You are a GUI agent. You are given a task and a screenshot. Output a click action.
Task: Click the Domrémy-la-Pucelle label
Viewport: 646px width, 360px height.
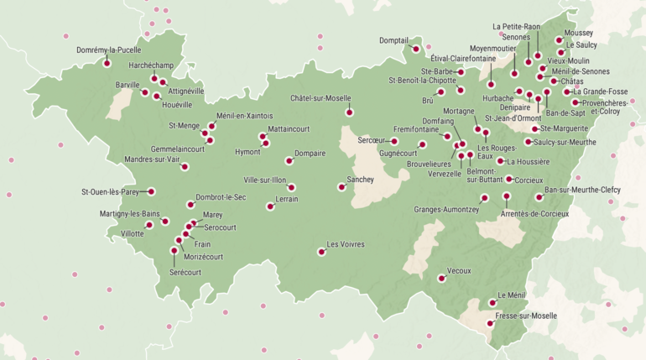click(x=108, y=50)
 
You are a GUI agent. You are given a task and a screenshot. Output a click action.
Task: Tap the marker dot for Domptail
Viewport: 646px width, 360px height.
click(x=415, y=50)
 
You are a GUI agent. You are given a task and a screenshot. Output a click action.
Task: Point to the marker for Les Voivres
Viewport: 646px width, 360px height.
click(x=320, y=251)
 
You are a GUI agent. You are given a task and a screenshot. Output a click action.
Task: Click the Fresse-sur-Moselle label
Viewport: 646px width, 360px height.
click(x=526, y=316)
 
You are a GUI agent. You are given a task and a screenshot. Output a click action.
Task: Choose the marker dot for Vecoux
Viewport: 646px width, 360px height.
click(x=440, y=278)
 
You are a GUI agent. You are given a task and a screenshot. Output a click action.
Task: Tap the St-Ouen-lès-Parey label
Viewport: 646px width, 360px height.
click(x=110, y=192)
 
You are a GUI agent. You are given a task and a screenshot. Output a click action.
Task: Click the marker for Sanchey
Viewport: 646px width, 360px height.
click(x=341, y=187)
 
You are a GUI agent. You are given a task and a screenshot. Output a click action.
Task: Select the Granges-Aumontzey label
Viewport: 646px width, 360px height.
click(x=445, y=208)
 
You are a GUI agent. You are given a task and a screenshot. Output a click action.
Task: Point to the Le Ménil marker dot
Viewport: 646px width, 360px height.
click(x=492, y=303)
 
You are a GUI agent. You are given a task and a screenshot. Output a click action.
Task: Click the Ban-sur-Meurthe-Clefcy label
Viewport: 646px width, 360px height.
click(x=582, y=190)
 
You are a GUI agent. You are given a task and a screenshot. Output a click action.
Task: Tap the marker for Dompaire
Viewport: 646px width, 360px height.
click(x=289, y=160)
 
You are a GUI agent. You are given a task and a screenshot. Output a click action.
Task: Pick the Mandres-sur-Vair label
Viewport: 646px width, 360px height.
click(x=152, y=159)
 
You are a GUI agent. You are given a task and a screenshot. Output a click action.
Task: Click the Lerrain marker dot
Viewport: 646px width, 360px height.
click(x=269, y=206)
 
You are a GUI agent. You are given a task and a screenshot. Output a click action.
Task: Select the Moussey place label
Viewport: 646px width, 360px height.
click(x=579, y=33)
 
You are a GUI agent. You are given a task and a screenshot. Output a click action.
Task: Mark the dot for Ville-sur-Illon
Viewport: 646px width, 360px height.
click(x=291, y=187)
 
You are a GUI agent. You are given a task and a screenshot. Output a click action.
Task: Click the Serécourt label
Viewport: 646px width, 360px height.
click(x=185, y=272)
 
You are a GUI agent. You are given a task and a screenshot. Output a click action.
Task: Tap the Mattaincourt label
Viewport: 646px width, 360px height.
click(x=289, y=130)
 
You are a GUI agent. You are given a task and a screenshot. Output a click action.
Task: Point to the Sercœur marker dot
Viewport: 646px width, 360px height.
click(x=393, y=141)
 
